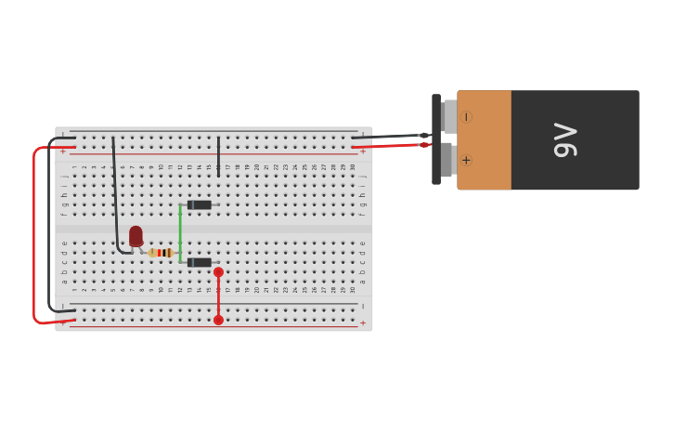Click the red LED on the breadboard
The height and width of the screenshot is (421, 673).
(136, 235)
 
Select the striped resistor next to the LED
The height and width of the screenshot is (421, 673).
(162, 253)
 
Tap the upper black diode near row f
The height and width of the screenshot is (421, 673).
(200, 204)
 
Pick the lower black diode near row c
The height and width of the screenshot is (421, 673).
(200, 262)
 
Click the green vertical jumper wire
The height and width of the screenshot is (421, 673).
(180, 232)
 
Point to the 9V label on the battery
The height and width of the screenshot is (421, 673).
(565, 139)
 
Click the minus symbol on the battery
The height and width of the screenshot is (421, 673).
(466, 117)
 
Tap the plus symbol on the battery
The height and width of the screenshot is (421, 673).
(466, 160)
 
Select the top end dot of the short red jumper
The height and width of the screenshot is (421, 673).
(218, 272)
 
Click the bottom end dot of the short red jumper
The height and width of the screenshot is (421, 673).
(218, 320)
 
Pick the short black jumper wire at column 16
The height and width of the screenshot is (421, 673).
(218, 156)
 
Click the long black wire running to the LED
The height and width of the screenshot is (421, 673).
(115, 195)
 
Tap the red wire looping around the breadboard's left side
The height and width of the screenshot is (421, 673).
(34, 232)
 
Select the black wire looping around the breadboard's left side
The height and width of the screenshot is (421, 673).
(48, 223)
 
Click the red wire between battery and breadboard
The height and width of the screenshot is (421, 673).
(390, 146)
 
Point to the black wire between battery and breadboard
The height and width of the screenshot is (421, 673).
(390, 137)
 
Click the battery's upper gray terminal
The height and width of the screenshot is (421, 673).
(449, 117)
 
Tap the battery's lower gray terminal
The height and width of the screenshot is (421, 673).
(447, 160)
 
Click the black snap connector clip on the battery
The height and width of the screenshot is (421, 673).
(436, 139)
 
